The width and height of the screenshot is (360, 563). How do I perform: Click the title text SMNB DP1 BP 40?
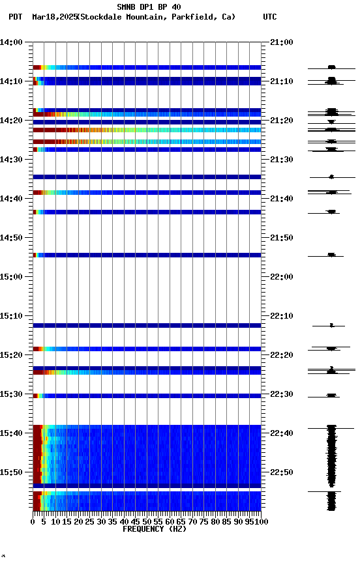coord(149,7)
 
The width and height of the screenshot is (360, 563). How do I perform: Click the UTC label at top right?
coord(270,17)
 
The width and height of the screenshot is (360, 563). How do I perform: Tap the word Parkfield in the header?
coord(194,17)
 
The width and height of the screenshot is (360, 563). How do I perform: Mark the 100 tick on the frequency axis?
coord(261,521)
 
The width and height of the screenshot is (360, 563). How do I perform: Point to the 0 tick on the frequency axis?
coord(33,521)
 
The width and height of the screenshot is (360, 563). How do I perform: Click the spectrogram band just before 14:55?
coord(147,255)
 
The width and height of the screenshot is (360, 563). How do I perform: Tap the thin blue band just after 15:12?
coord(147,325)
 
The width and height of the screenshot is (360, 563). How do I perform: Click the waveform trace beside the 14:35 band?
coord(331,177)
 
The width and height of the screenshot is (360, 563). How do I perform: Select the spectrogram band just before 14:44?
coord(147,212)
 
